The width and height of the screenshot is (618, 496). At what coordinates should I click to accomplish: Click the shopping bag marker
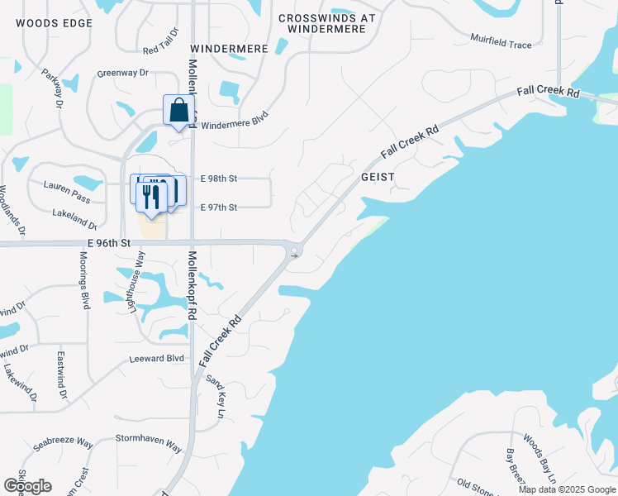[x=178, y=111]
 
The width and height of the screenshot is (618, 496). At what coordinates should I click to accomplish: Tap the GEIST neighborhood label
[x=378, y=177]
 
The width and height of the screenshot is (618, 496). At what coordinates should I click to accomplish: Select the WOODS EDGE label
[x=54, y=23]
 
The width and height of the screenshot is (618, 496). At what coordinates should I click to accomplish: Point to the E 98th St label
[x=219, y=178]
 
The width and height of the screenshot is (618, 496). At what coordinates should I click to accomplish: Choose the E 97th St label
[x=219, y=207]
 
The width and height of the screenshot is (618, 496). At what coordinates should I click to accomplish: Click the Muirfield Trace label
[x=501, y=41]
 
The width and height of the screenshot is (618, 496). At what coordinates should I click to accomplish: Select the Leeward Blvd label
[x=156, y=359]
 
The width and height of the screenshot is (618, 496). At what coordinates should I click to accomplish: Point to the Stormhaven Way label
[x=148, y=443]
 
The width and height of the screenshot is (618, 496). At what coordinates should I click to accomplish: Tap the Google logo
[x=27, y=485]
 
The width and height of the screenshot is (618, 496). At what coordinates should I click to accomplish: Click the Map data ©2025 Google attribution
[x=567, y=489]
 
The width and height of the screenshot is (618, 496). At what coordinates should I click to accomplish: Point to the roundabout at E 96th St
[x=294, y=251]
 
